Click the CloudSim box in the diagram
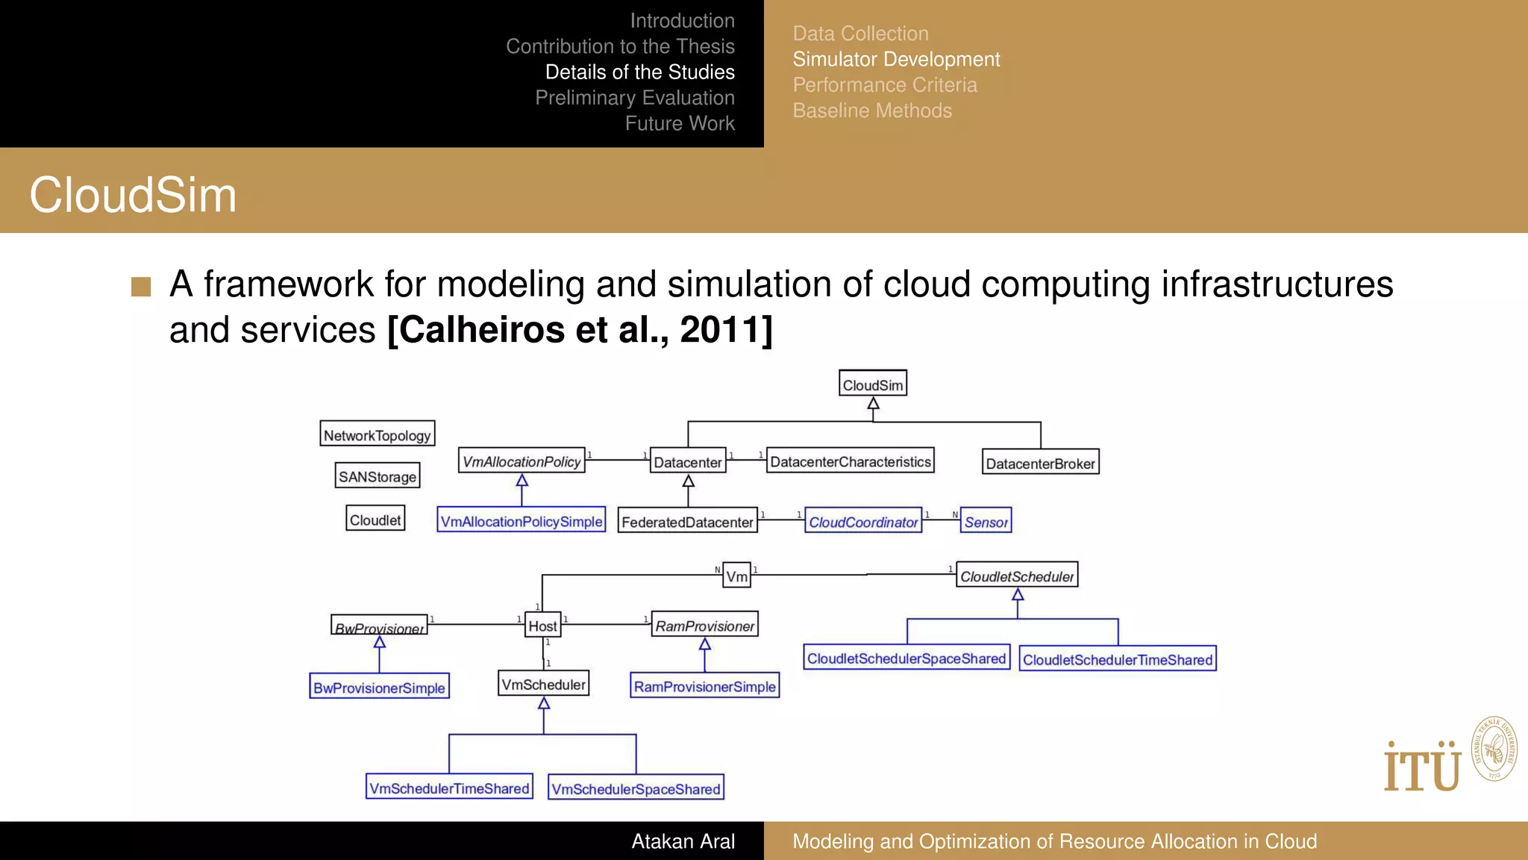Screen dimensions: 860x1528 click(x=872, y=384)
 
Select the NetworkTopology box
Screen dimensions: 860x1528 click(x=377, y=434)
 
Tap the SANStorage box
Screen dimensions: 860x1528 click(x=377, y=476)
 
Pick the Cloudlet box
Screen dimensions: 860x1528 click(x=375, y=520)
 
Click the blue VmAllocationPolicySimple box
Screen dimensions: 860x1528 click(x=521, y=521)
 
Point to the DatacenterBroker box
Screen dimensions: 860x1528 click(x=1040, y=463)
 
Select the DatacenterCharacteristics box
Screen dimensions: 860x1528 click(x=850, y=461)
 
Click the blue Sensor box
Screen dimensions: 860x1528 click(x=986, y=521)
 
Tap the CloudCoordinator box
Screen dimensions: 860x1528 click(x=863, y=521)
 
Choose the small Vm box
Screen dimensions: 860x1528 click(x=736, y=576)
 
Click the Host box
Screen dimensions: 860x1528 click(x=542, y=626)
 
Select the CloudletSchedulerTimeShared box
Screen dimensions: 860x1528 click(x=1117, y=659)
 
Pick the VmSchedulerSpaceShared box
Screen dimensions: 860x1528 click(x=636, y=788)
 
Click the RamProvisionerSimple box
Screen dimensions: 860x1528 click(x=704, y=686)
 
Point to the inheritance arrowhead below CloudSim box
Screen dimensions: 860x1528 click(x=873, y=404)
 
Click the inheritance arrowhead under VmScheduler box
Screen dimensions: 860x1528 click(x=544, y=703)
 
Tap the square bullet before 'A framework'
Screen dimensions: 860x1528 click(x=141, y=287)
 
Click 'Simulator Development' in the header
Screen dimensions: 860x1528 click(x=896, y=59)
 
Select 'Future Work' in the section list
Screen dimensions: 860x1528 click(x=680, y=123)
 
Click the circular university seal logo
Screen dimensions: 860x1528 click(x=1494, y=749)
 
